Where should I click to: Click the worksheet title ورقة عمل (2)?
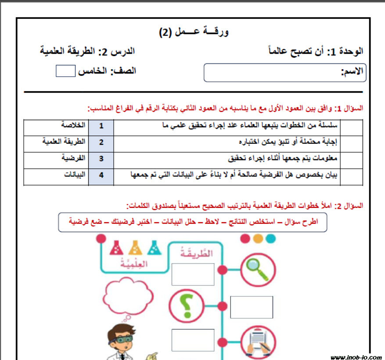[x=193, y=32]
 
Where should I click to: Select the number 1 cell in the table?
[x=101, y=126]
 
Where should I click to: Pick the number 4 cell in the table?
[x=101, y=175]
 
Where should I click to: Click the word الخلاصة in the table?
[x=73, y=125]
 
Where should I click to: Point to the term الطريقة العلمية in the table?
[x=64, y=142]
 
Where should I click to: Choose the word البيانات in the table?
[x=74, y=175]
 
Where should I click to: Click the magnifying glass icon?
[x=258, y=269]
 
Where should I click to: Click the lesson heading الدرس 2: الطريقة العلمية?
[x=87, y=51]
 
